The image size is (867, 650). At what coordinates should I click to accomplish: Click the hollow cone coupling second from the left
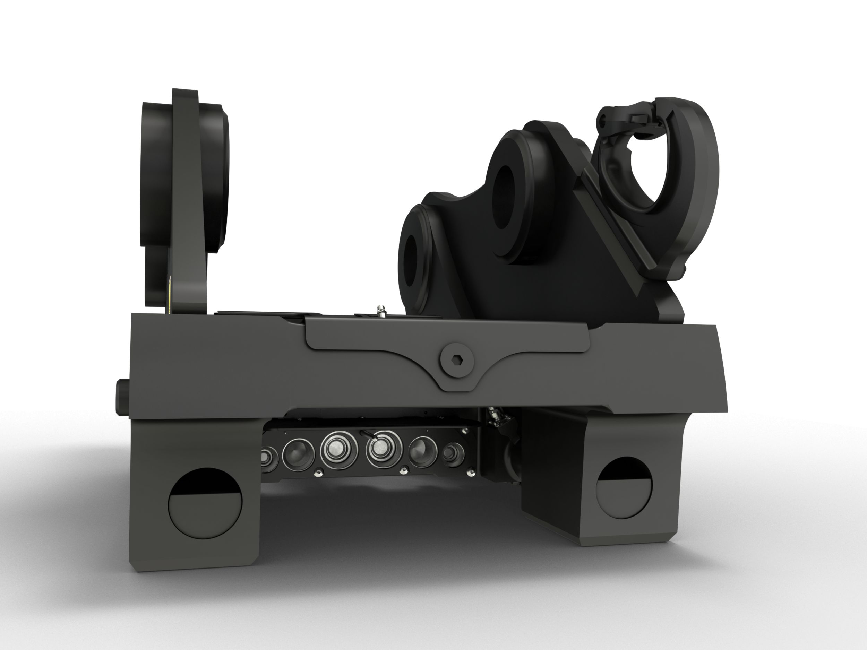(298, 454)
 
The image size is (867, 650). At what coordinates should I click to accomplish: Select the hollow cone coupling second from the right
(422, 452)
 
